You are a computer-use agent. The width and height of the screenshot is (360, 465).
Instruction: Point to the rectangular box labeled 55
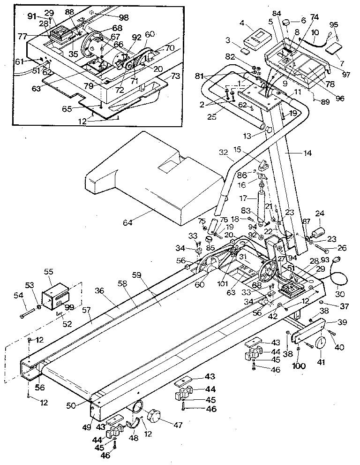coord(56,296)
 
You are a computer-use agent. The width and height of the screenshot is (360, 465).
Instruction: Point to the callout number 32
coord(224,152)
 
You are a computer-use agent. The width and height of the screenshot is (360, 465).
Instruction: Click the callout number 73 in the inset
coord(175,75)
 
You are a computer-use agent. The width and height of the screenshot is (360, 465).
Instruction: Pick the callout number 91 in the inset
coord(32,16)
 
